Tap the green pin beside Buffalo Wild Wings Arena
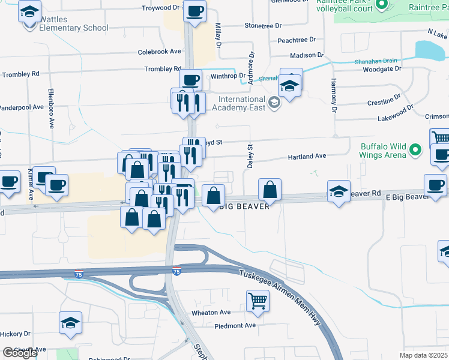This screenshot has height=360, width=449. pyautogui.click(x=415, y=150)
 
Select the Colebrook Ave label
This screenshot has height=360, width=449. pyautogui.click(x=159, y=52)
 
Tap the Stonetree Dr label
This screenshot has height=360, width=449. pyautogui.click(x=263, y=26)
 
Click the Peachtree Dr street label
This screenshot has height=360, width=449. pyautogui.click(x=297, y=40)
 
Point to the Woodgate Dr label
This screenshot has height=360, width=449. pyautogui.click(x=381, y=68)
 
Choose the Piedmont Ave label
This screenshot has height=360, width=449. pyautogui.click(x=237, y=325)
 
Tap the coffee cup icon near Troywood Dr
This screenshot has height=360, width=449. pyautogui.click(x=194, y=11)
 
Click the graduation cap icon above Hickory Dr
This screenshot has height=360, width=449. pyautogui.click(x=70, y=322)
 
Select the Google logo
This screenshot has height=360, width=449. pyautogui.click(x=19, y=353)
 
